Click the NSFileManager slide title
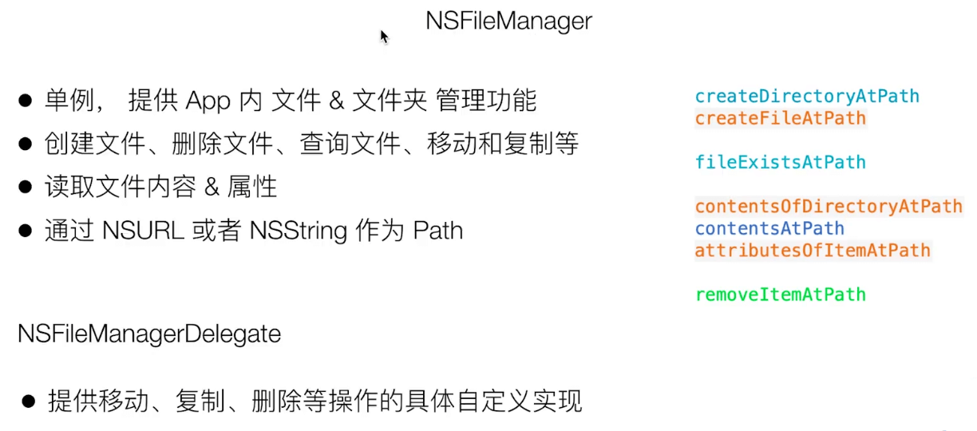[x=508, y=21]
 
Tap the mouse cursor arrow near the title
[x=384, y=37]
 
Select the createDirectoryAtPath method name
[x=806, y=97]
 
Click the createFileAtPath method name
[x=780, y=118]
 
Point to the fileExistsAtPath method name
[x=780, y=162]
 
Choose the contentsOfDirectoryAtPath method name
[x=828, y=207]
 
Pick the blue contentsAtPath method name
[x=769, y=228]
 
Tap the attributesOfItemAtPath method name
[x=812, y=251]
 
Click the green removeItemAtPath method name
[x=780, y=295]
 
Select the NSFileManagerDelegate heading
[x=149, y=334]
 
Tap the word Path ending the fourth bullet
[x=437, y=231]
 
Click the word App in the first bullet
[x=208, y=101]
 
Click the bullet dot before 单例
[x=26, y=101]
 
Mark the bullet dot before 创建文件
[x=26, y=144]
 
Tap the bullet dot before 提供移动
[x=29, y=401]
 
